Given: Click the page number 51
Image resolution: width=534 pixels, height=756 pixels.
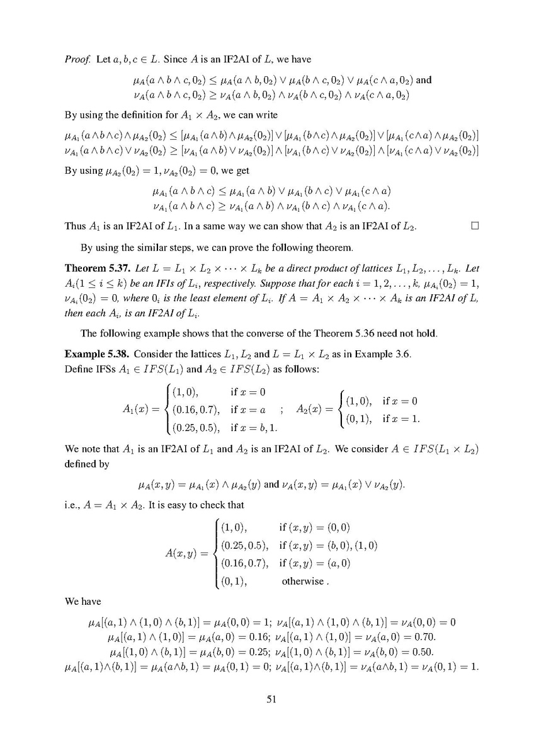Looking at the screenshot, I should click(267, 699).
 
